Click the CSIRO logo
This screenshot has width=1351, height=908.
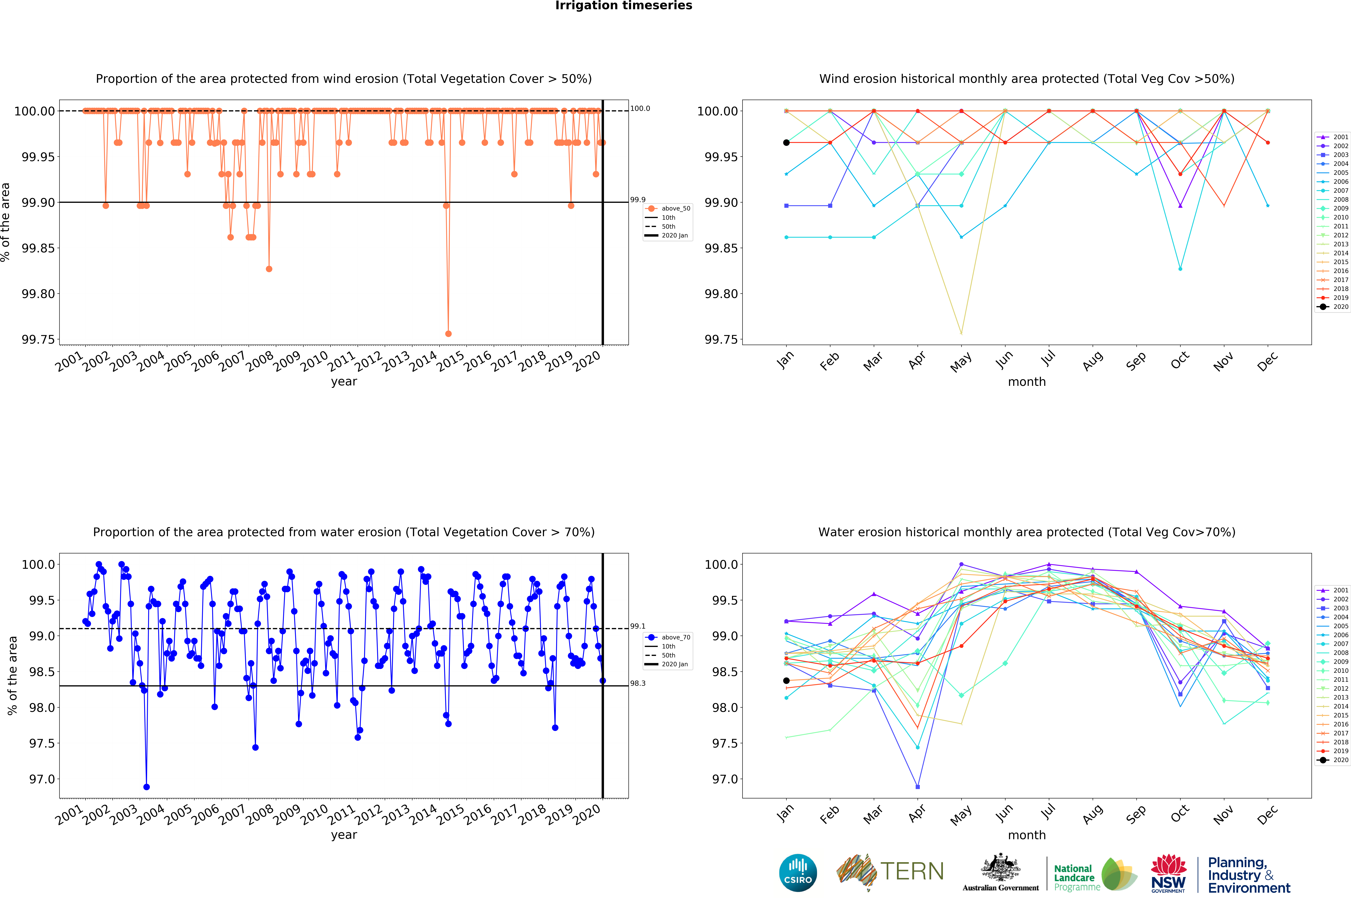(798, 873)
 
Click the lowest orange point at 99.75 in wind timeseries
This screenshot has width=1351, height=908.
(448, 334)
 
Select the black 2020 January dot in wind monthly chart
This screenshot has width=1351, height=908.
(786, 142)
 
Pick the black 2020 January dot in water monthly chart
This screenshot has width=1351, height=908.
(786, 680)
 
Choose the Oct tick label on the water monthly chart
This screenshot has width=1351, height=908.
(1180, 814)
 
